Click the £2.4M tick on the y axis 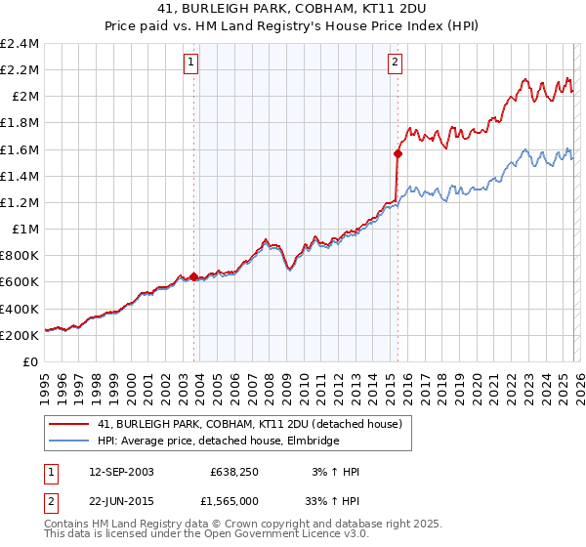20,44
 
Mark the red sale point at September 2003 193,276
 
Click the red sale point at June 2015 398,153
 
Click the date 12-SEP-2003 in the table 121,472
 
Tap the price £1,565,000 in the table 235,501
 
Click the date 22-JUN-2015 121,501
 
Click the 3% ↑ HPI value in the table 334,472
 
